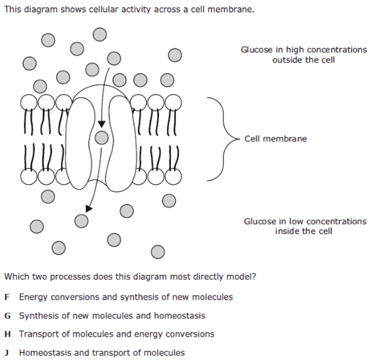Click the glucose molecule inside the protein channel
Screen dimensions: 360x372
click(101, 137)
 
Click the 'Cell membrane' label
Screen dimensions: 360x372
click(276, 139)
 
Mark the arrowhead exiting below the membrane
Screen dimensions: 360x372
click(89, 208)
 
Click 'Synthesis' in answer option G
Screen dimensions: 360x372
click(39, 316)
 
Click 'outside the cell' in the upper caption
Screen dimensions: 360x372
click(304, 60)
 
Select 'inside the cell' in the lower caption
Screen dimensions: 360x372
click(304, 231)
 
